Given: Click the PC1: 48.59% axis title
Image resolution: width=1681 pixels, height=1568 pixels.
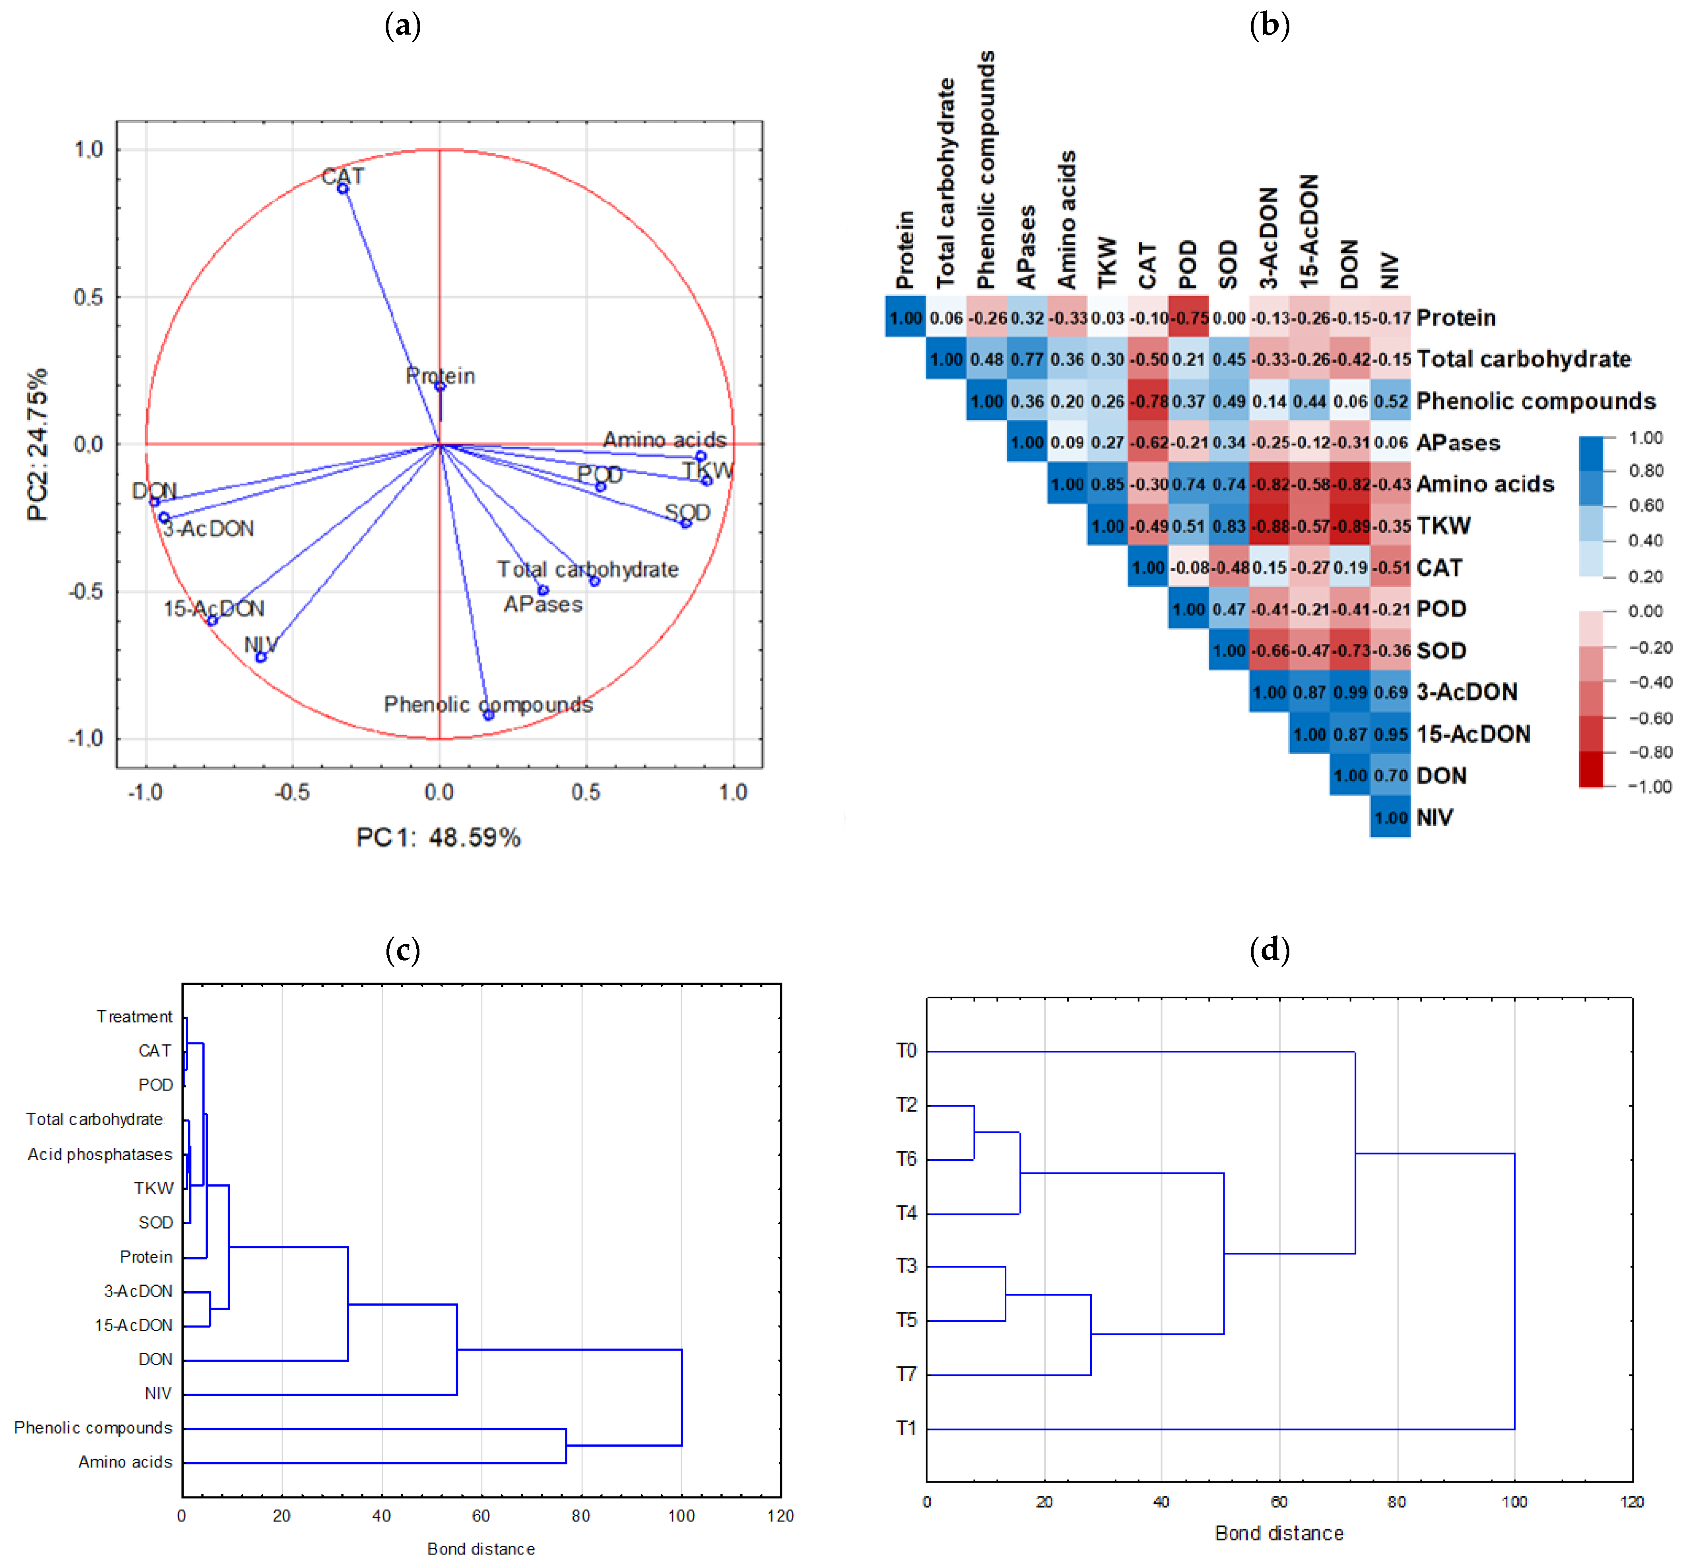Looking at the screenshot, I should (438, 837).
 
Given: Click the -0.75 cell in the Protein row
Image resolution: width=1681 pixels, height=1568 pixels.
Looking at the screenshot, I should (1188, 318).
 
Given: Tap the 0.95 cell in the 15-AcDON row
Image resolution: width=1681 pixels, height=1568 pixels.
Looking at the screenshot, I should (1390, 734).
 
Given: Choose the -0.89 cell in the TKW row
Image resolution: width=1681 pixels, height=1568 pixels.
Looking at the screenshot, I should (1349, 526).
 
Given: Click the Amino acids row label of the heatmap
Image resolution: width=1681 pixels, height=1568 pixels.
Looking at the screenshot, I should (1485, 484).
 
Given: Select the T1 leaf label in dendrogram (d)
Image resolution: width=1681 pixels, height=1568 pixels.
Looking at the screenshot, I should (906, 1428).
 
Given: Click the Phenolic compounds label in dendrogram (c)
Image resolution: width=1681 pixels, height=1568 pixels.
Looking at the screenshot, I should (93, 1428).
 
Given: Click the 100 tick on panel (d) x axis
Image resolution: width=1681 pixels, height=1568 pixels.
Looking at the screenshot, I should (1514, 1502).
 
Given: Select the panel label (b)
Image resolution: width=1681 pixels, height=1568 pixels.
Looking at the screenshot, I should (1269, 25).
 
